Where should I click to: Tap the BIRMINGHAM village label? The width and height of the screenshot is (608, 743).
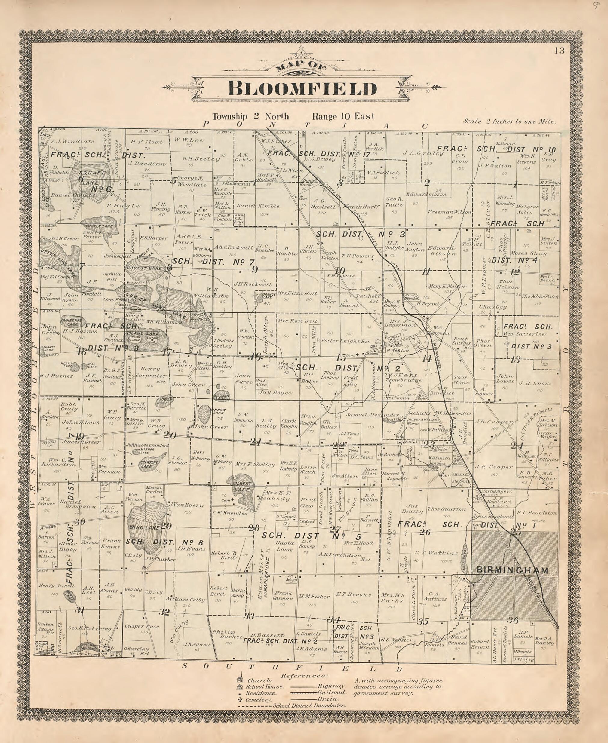pos(513,570)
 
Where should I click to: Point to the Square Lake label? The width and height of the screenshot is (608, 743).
pos(92,173)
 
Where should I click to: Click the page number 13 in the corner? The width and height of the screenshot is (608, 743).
pos(560,51)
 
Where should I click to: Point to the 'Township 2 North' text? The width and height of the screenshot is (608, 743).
pos(250,117)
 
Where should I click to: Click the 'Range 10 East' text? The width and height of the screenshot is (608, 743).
pos(343,117)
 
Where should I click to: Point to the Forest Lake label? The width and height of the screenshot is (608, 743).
pos(144,269)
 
